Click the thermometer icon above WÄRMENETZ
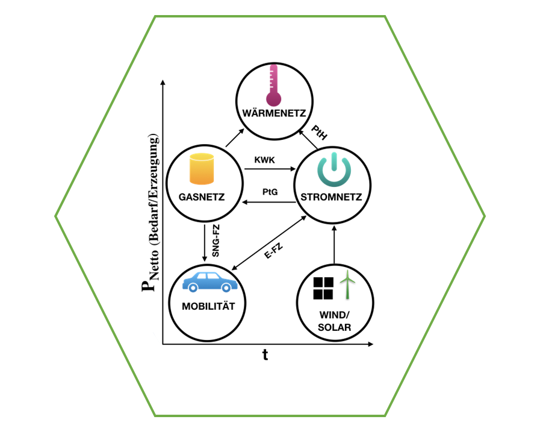(x=274, y=87)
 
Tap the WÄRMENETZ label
(x=274, y=114)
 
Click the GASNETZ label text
(x=202, y=197)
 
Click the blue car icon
(x=209, y=283)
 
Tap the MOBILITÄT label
(x=208, y=306)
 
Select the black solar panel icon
(x=323, y=288)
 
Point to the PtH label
(x=319, y=132)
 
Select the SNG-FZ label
(x=216, y=241)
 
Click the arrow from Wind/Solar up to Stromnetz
(x=333, y=244)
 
